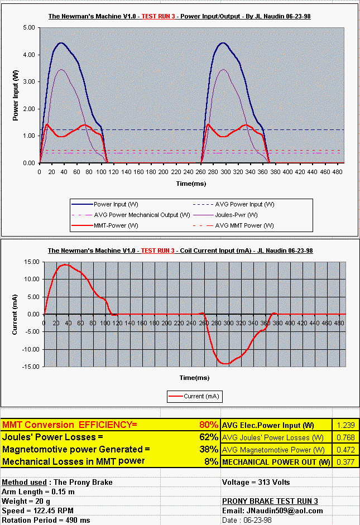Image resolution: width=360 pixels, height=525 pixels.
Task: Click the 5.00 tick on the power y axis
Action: (x=29, y=27)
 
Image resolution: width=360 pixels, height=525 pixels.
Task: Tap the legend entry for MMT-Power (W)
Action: (x=105, y=225)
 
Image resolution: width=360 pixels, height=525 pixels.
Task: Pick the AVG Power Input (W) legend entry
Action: (x=234, y=204)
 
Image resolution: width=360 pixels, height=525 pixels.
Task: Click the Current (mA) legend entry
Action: (x=194, y=397)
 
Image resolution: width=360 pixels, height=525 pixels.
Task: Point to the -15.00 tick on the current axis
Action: (x=31, y=367)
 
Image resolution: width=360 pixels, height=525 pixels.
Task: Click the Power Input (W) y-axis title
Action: (x=16, y=95)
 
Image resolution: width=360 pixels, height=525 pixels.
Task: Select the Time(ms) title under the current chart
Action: (x=194, y=378)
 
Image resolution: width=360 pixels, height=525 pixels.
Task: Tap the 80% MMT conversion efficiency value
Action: (x=209, y=425)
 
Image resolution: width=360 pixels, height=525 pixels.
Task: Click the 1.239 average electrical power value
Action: (x=345, y=425)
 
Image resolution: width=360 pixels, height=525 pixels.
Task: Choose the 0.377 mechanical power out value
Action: (x=345, y=462)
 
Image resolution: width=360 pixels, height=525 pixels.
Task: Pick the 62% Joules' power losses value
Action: (x=209, y=437)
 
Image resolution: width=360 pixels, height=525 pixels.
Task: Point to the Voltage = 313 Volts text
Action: (x=256, y=482)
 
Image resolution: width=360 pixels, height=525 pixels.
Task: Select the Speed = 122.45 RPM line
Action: (x=37, y=510)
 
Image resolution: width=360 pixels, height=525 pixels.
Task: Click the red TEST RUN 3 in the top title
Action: (x=158, y=16)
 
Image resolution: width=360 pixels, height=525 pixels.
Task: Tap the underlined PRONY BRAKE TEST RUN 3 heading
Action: (x=270, y=501)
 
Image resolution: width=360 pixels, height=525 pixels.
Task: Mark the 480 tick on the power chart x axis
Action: (x=338, y=172)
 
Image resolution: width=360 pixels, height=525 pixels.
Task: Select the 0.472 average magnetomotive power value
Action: (x=345, y=450)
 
